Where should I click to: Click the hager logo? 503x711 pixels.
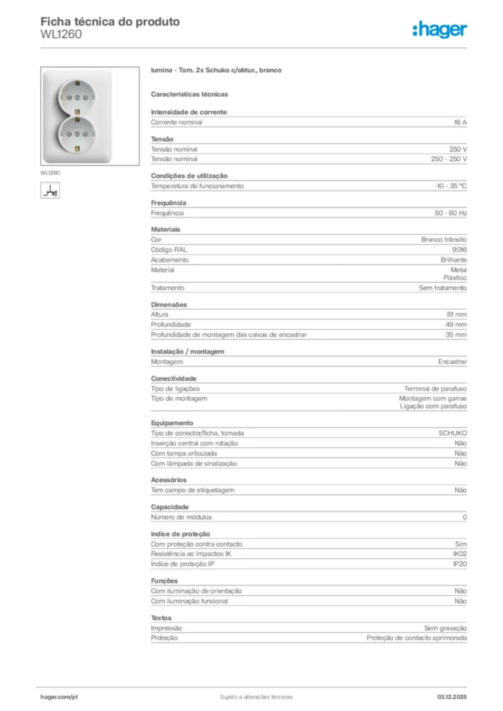439,29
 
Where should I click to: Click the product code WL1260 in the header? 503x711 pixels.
61,34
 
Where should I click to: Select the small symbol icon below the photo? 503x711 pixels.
49,190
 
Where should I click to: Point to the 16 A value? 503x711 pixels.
460,122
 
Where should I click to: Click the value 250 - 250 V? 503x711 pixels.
449,159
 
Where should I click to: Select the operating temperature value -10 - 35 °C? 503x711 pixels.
450,186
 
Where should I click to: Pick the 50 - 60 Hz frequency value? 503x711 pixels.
451,213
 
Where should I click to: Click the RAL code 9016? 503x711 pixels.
459,249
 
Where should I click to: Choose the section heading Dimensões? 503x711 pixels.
169,305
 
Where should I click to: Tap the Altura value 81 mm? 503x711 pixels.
456,315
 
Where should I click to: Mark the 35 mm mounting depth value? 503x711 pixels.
456,335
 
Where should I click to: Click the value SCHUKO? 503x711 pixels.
452,433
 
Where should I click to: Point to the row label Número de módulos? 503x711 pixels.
181,517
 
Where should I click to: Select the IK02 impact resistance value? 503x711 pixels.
459,554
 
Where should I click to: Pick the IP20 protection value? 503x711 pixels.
459,564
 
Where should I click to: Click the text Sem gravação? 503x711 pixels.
445,628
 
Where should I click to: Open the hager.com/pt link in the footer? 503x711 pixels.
59,696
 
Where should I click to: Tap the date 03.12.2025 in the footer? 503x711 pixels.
452,696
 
